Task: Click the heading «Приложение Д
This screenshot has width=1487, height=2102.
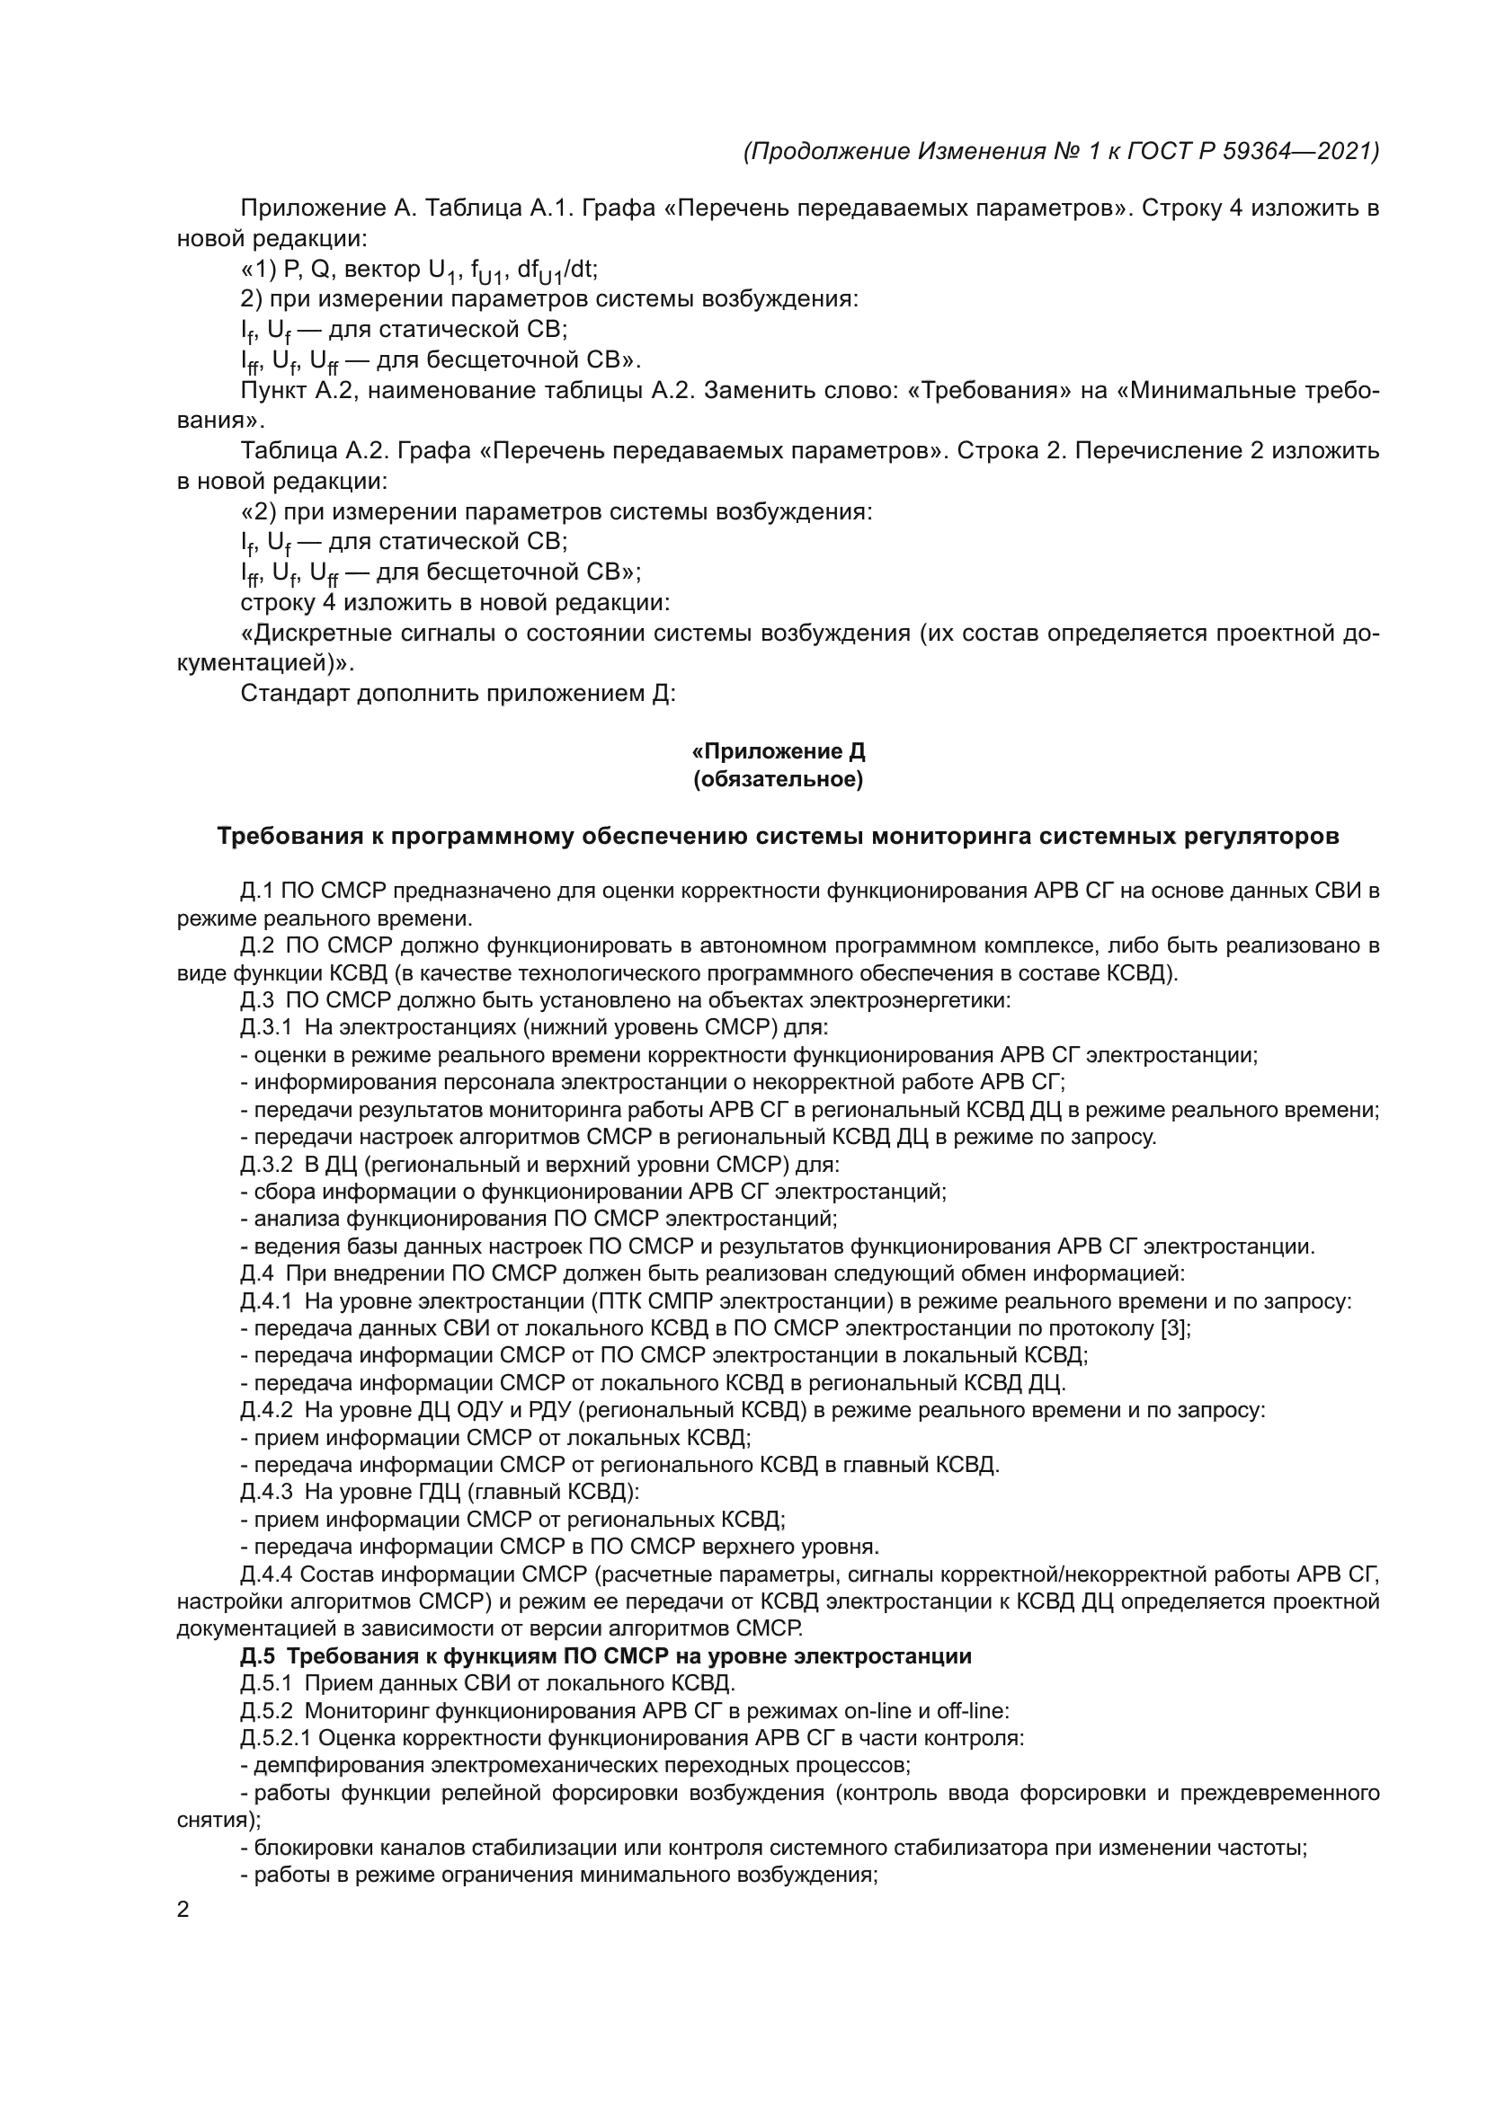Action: point(779,751)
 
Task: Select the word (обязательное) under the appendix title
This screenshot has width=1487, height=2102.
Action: point(779,780)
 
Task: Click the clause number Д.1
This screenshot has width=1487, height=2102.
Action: point(257,891)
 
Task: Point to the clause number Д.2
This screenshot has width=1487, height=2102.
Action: point(257,945)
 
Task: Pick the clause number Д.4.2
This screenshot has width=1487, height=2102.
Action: point(266,1410)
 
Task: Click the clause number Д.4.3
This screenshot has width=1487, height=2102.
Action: point(266,1493)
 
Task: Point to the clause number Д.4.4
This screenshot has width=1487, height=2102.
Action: point(266,1574)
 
